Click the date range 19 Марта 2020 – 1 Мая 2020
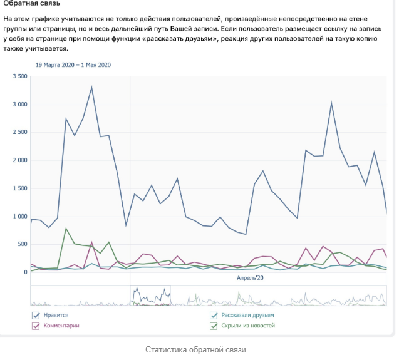point(73,64)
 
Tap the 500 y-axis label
point(23,244)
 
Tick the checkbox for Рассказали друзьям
point(214,316)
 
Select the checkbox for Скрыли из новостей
point(214,326)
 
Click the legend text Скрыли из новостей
point(247,326)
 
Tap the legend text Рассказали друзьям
point(247,316)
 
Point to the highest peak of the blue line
point(91,87)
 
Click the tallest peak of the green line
point(66,229)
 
